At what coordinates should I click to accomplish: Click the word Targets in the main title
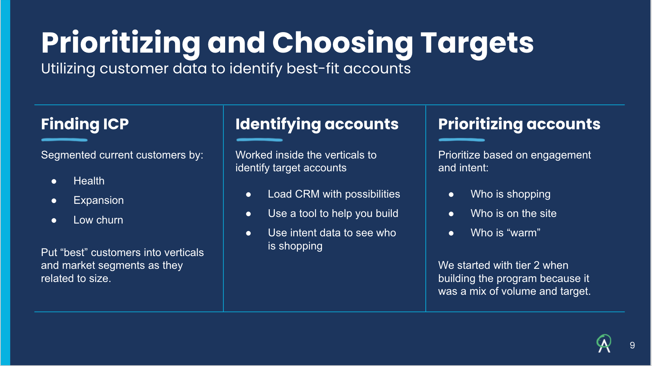(x=477, y=43)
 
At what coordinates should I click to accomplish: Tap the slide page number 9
(x=632, y=345)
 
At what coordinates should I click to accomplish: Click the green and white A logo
(x=604, y=344)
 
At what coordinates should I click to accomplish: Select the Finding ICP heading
(x=85, y=124)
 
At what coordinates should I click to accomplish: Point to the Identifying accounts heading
(x=317, y=124)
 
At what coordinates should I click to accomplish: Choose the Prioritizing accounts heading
(x=519, y=124)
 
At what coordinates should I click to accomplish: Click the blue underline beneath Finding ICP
(x=64, y=140)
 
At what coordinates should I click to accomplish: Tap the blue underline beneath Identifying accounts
(x=259, y=140)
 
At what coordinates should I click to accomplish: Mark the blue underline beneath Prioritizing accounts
(x=462, y=140)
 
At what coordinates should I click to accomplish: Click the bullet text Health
(x=89, y=181)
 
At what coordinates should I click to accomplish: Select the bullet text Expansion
(x=99, y=200)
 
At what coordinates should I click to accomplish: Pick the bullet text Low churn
(x=98, y=220)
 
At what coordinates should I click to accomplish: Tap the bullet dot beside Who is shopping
(x=451, y=195)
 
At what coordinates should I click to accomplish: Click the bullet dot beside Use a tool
(x=249, y=214)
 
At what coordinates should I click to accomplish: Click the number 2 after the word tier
(x=537, y=265)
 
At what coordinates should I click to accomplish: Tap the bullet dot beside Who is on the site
(x=451, y=214)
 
